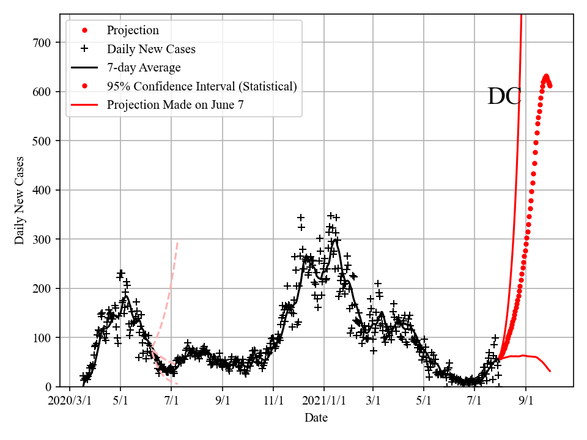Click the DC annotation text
pos(504,97)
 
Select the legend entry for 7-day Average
pos(143,67)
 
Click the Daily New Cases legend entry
pos(151,49)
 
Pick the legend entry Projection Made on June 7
pos(175,105)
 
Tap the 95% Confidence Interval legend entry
pos(201,86)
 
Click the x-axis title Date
pos(316,418)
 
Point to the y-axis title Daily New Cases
pos(20,200)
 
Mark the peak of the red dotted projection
pos(546,76)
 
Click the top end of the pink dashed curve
pos(177,243)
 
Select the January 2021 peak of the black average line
pos(336,239)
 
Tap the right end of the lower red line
pos(550,371)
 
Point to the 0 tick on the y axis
pos(51,387)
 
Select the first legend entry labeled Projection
pos(133,30)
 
